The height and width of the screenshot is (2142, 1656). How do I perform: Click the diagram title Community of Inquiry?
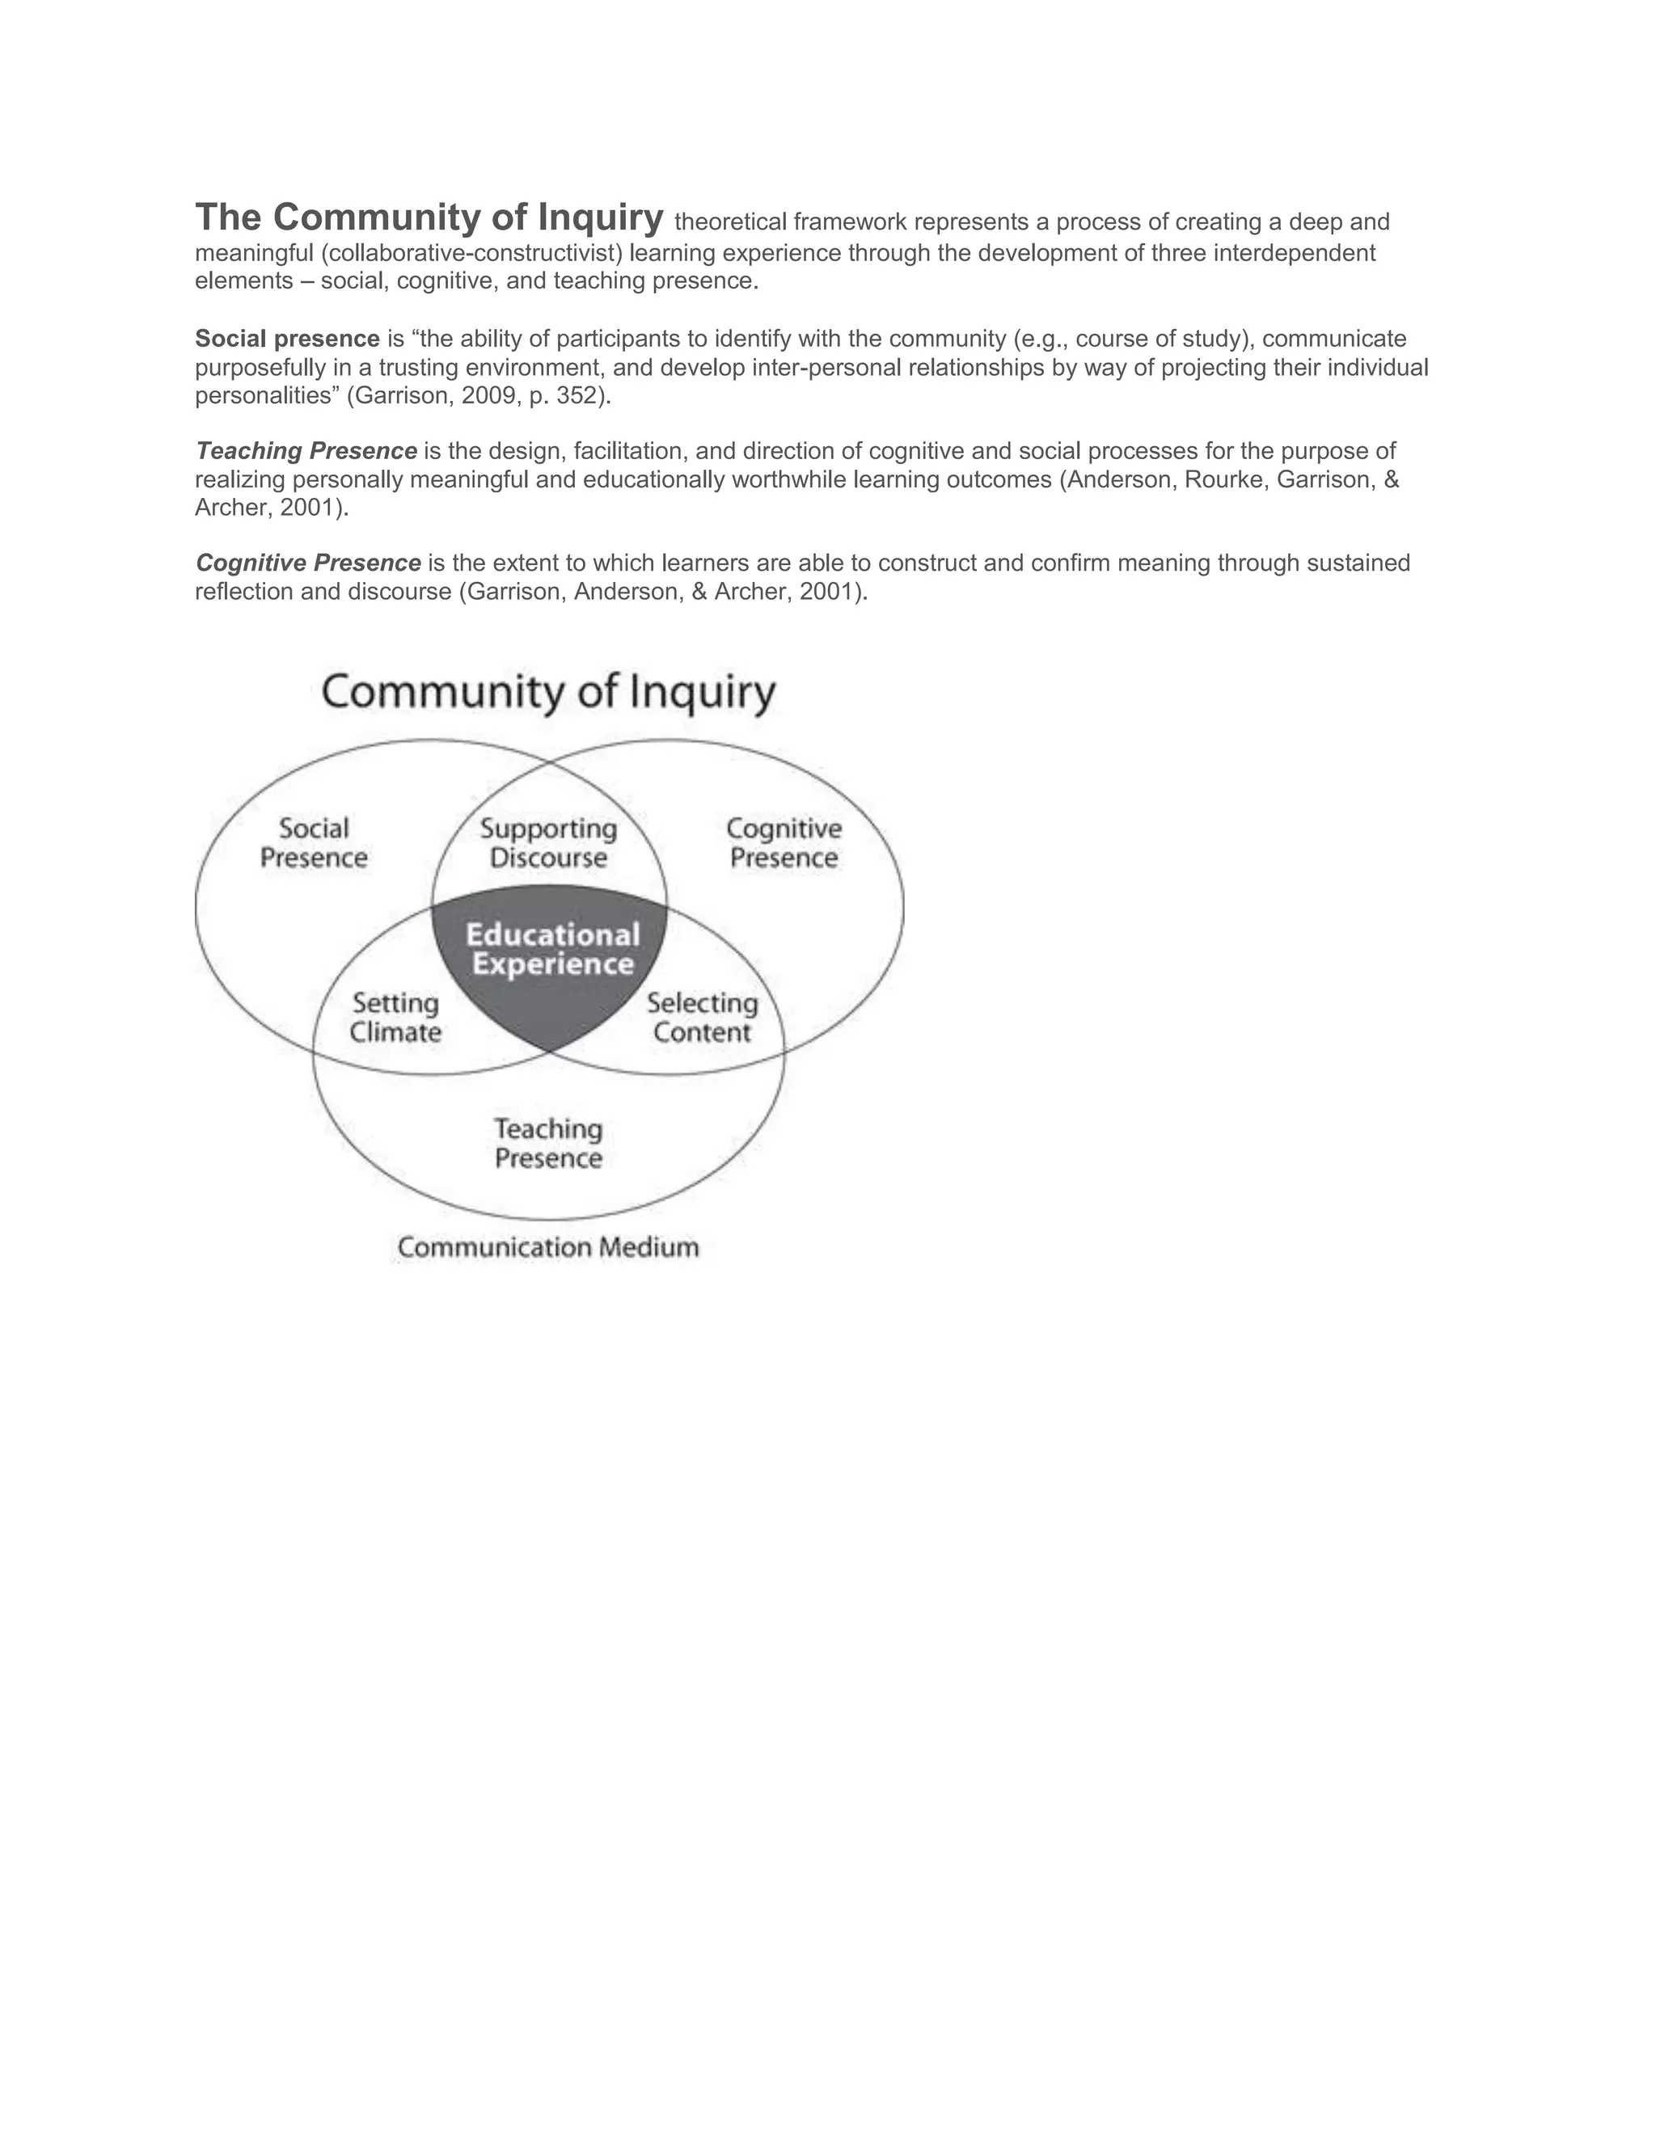548,693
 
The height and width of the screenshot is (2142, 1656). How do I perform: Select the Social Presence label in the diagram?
314,843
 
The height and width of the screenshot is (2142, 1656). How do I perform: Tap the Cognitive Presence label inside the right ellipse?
784,843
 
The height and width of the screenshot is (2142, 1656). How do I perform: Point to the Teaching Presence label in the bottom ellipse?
548,1144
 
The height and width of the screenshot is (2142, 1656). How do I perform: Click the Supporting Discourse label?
548,843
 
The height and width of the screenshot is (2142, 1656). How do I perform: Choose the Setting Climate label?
395,1018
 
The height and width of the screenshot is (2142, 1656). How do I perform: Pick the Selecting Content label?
703,1018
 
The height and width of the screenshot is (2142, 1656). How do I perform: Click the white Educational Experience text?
552,950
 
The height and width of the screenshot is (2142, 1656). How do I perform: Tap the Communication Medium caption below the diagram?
548,1247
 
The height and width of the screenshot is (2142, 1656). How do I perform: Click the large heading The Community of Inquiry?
429,217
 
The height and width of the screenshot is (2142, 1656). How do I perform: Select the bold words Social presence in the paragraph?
287,339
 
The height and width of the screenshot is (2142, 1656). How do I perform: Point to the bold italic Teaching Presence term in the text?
306,451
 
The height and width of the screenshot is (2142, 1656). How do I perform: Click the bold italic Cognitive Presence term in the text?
308,563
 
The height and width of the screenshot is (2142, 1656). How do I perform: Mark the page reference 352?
577,396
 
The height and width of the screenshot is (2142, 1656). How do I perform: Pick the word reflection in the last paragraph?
244,592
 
